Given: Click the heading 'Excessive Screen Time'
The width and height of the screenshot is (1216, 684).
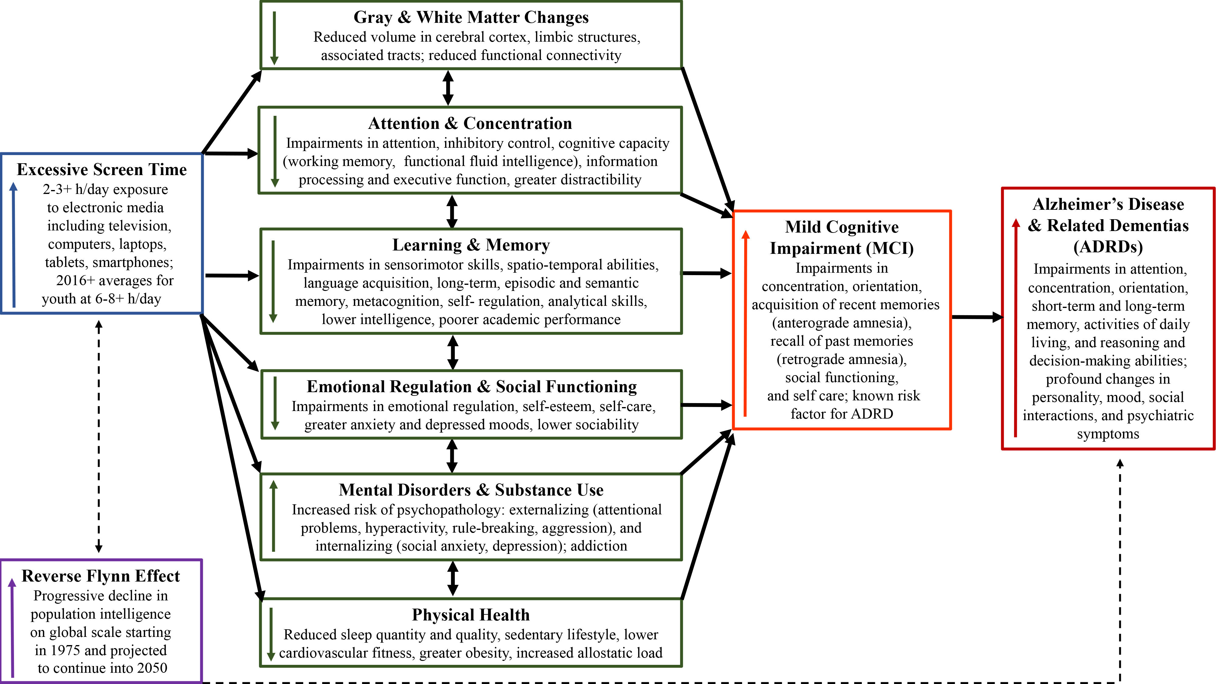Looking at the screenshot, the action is click(x=102, y=169).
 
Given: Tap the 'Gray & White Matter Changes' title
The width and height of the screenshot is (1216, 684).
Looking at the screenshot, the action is click(x=471, y=17).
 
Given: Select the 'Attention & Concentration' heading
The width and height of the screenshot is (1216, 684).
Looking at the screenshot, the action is click(x=470, y=123).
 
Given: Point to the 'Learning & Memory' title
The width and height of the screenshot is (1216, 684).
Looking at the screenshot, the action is click(x=471, y=245).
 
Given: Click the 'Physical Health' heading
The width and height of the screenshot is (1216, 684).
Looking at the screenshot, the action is click(x=471, y=615).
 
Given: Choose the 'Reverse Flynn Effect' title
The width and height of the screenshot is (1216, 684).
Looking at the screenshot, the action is click(x=101, y=576).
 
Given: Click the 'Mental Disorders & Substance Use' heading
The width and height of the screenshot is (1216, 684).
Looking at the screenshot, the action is click(x=471, y=490).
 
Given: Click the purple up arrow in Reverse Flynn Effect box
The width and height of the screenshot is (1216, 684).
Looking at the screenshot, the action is click(x=12, y=627).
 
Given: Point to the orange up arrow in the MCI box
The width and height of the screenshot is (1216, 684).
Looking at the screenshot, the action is click(x=745, y=323).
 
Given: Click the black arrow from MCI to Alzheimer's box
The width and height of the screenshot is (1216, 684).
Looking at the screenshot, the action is click(x=977, y=317).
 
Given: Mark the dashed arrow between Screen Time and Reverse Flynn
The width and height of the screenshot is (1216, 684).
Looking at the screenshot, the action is click(x=99, y=436).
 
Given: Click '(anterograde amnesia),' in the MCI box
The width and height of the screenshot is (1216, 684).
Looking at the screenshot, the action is click(x=842, y=323).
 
